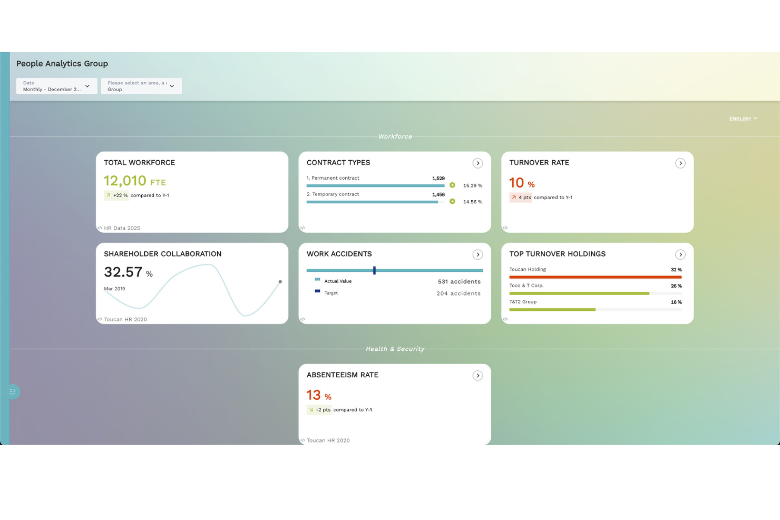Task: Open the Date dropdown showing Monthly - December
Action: [56, 86]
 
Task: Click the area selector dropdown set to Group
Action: [141, 86]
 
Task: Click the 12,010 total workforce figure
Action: [125, 181]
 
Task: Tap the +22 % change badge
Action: [116, 195]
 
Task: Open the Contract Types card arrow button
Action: [477, 163]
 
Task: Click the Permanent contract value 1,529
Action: [438, 179]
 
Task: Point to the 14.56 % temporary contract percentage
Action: [472, 202]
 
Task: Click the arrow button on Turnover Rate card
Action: [680, 163]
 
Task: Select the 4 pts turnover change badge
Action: [521, 198]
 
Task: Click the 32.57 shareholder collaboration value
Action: [123, 272]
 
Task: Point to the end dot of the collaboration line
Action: [280, 282]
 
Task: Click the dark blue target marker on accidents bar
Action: [374, 270]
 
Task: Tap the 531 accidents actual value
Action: [459, 282]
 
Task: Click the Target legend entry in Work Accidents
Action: [331, 293]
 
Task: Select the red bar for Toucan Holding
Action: [595, 277]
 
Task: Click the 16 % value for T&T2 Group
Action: [676, 302]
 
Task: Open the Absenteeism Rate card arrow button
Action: [477, 376]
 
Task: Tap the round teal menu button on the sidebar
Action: [13, 391]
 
